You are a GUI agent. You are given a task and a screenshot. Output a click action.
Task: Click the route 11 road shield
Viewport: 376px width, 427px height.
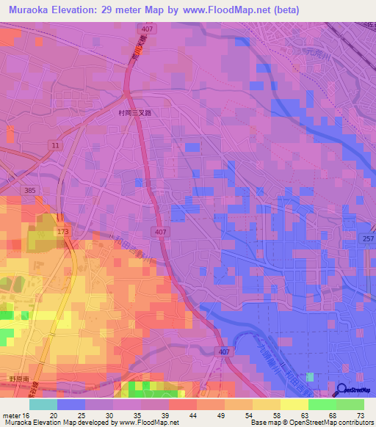pos(55,146)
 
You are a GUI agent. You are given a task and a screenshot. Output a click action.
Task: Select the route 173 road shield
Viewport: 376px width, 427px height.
pos(61,231)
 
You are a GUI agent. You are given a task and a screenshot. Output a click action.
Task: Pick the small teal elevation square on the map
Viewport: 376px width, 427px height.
pos(310,376)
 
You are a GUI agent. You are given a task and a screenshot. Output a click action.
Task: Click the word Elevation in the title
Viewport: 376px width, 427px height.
pos(84,10)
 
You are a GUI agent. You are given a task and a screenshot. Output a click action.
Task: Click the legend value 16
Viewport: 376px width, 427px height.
pos(26,415)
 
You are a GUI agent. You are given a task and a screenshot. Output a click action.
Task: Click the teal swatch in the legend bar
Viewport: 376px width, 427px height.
pos(43,404)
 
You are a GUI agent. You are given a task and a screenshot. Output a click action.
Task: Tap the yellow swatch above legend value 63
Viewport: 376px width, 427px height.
pos(294,404)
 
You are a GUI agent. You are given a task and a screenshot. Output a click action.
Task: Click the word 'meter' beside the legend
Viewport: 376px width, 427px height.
pos(10,415)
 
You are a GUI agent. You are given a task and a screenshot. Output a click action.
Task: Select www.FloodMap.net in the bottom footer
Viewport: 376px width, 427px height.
pos(150,423)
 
